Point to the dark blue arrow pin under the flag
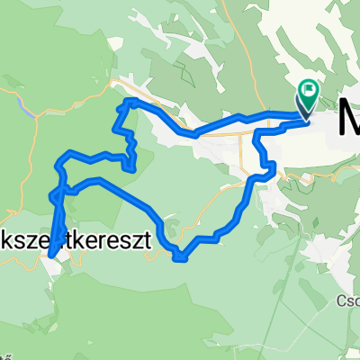tap(302, 112)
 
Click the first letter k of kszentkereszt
tap(8, 243)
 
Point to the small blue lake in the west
tap(31, 112)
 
